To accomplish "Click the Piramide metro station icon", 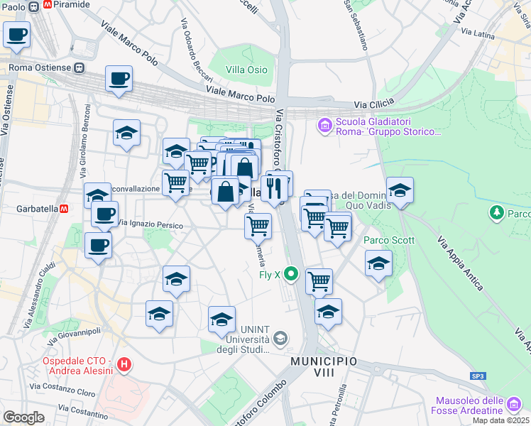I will coord(48,4).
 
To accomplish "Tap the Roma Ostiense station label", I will coord(40,68).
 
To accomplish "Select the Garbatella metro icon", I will coord(63,209).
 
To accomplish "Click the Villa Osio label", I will coord(246,70).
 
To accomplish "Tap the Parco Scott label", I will coord(389,240).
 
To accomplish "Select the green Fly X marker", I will coord(290,273).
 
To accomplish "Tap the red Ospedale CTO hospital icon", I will coord(125,366).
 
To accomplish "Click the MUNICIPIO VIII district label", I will coord(323,362).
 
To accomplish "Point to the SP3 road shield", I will coord(478,376).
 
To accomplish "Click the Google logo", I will coord(23,417).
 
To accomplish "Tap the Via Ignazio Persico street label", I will coord(150,225).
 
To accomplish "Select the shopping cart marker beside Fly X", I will coord(319,281).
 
